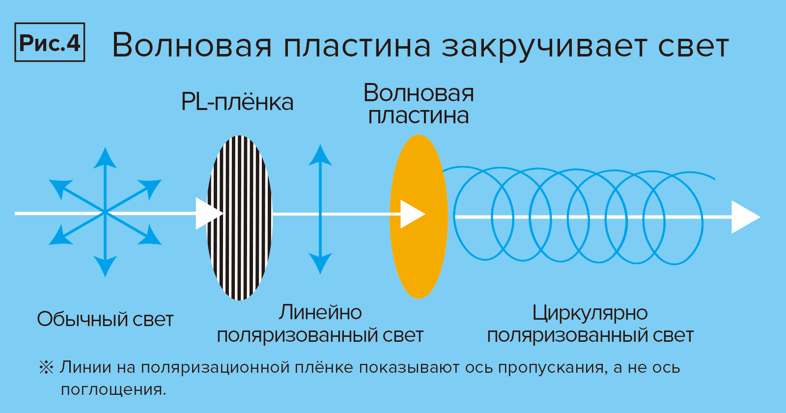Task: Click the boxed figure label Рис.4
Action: [x=50, y=43]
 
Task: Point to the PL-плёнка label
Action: [x=237, y=102]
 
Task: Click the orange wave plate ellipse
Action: [x=419, y=255]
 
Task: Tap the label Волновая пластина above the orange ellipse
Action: [x=419, y=104]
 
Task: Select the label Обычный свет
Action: [x=105, y=320]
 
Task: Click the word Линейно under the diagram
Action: [x=320, y=312]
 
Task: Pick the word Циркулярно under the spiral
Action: [x=590, y=313]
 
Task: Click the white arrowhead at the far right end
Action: [x=745, y=217]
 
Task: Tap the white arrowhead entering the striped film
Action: [x=208, y=213]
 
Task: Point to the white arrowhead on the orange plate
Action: [x=412, y=214]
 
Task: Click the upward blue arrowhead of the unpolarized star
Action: [x=105, y=158]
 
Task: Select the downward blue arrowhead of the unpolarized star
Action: [x=105, y=267]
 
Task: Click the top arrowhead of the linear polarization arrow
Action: [x=320, y=155]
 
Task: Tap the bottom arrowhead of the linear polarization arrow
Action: [x=320, y=263]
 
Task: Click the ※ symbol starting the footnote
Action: [x=46, y=367]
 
